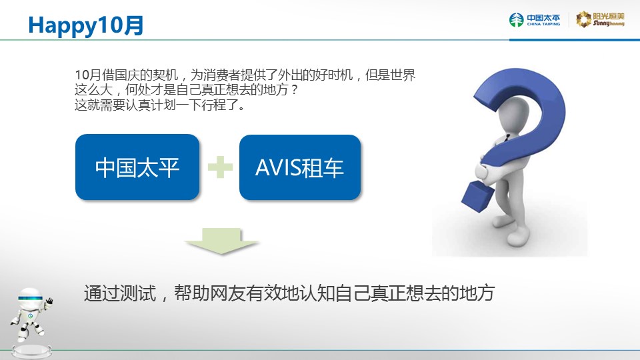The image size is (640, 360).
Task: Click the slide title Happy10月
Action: pos(86,25)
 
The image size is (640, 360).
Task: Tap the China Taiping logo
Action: pos(534,19)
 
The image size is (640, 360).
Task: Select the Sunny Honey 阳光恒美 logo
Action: pos(600,19)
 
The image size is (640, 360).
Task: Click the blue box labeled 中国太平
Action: pos(137,167)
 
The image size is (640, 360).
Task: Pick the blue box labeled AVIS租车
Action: pos(300,167)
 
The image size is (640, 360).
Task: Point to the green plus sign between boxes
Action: pos(220,167)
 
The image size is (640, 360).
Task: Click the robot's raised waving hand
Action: pos(49,301)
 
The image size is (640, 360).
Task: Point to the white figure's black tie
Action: pos(507,138)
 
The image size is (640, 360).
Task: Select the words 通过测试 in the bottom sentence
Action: pos(120,293)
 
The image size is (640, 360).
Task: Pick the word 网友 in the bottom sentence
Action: pos(228,293)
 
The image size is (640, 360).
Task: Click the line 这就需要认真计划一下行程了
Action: pos(160,105)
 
